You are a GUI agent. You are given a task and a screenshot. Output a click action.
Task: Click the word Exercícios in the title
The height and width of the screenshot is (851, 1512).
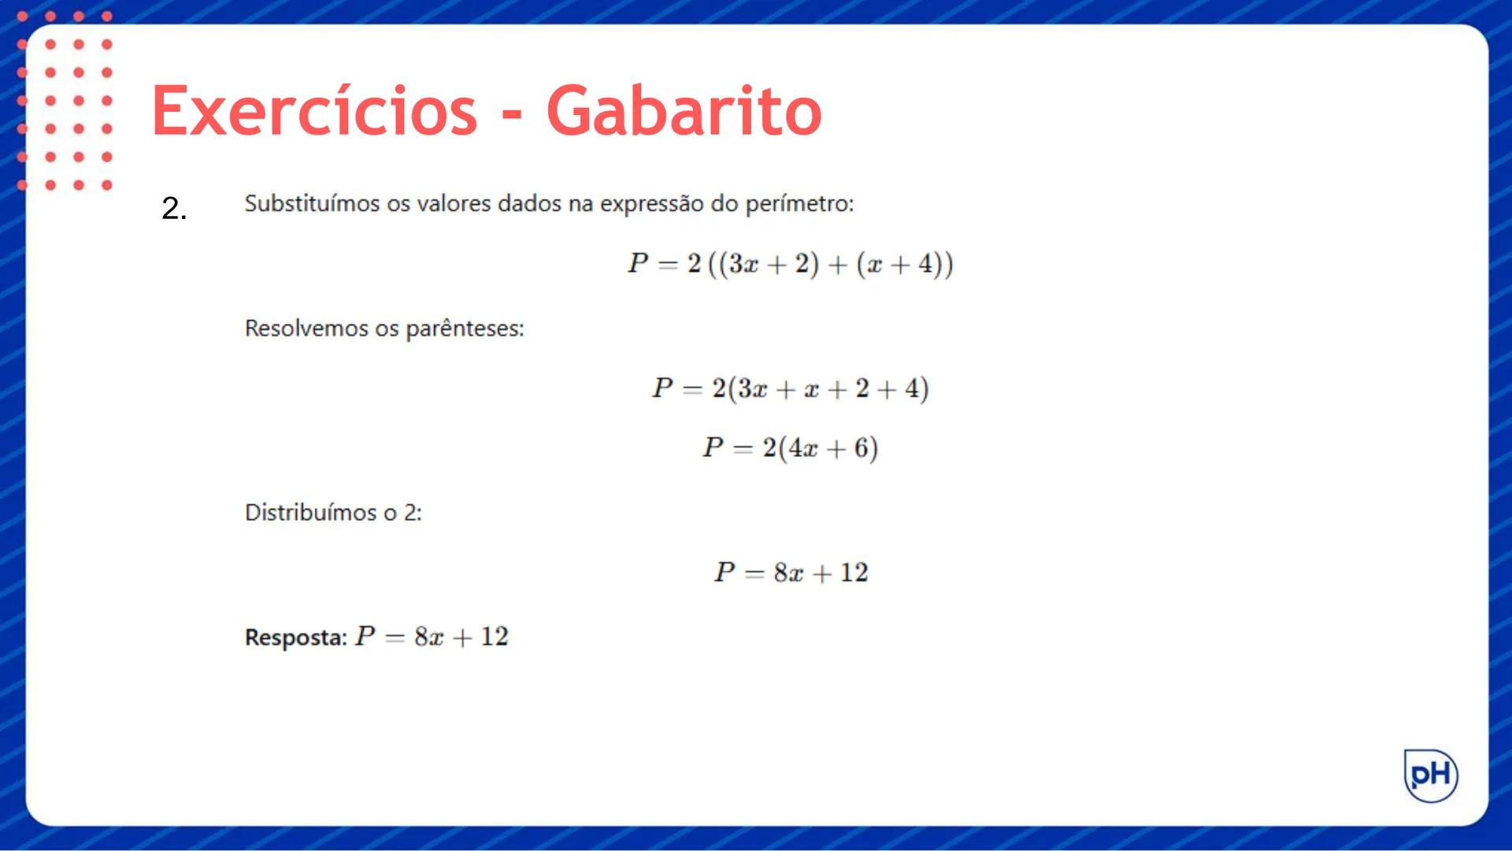click(314, 111)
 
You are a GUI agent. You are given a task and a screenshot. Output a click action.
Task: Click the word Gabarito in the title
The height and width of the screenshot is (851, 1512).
click(684, 111)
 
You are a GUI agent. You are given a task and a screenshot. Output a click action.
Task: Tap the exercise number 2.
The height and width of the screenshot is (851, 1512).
click(174, 209)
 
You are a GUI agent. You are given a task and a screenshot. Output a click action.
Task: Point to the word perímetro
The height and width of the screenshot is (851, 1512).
click(799, 204)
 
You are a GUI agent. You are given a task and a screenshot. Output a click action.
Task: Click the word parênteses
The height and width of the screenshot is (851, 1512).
click(464, 329)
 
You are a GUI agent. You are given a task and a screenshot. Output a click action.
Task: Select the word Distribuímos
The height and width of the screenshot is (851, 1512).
click(310, 512)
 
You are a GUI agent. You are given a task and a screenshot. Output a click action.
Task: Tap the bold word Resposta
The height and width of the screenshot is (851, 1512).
click(295, 637)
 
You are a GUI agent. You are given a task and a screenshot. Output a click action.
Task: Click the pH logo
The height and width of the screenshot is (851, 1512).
click(1431, 775)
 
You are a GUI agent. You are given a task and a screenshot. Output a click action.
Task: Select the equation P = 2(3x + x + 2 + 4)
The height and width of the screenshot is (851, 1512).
click(790, 388)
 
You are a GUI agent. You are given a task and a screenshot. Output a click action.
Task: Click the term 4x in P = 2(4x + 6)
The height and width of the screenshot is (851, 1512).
click(803, 448)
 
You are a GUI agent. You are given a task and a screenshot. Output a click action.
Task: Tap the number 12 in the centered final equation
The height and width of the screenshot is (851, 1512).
click(854, 573)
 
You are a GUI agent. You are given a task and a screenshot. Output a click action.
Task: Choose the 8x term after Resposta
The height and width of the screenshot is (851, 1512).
click(429, 637)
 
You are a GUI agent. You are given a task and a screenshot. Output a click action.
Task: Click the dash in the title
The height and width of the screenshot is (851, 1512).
click(512, 116)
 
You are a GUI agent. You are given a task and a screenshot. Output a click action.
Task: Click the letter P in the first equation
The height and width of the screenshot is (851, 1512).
click(638, 263)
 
